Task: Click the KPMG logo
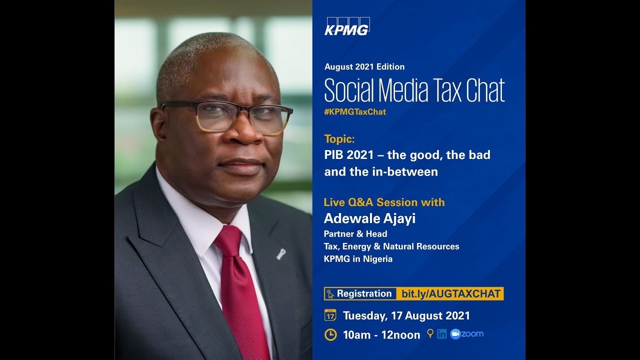(x=347, y=26)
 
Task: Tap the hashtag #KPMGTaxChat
(x=355, y=112)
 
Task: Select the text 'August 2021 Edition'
(x=364, y=66)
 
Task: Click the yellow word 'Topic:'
(x=339, y=139)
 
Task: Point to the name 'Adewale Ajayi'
(x=369, y=218)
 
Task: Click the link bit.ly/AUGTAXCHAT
(x=451, y=294)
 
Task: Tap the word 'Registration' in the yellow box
(x=364, y=294)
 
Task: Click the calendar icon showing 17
(x=330, y=315)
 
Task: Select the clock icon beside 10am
(x=330, y=334)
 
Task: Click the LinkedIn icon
(x=441, y=334)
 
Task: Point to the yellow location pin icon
(x=430, y=333)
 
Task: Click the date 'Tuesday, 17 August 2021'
(x=406, y=315)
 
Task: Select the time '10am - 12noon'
(x=381, y=335)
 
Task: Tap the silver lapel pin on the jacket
(x=281, y=254)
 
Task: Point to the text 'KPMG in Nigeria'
(x=358, y=259)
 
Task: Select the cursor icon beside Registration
(x=330, y=294)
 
